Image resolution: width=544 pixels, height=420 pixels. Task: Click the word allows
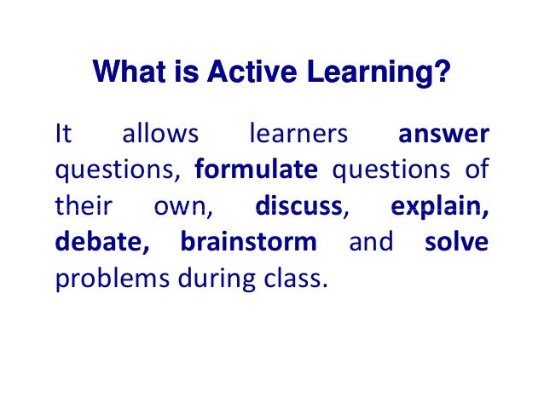tap(161, 135)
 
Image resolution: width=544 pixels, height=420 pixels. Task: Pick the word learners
tap(298, 135)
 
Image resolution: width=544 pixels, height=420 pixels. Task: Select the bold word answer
tap(443, 135)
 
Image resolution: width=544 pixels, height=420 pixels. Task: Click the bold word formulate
tap(256, 170)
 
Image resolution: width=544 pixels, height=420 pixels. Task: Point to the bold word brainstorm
tap(248, 242)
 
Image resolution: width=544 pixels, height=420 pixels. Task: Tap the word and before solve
tap(371, 242)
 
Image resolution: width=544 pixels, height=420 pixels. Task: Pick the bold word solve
tap(456, 242)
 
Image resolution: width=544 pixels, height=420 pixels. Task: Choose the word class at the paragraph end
tap(294, 278)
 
